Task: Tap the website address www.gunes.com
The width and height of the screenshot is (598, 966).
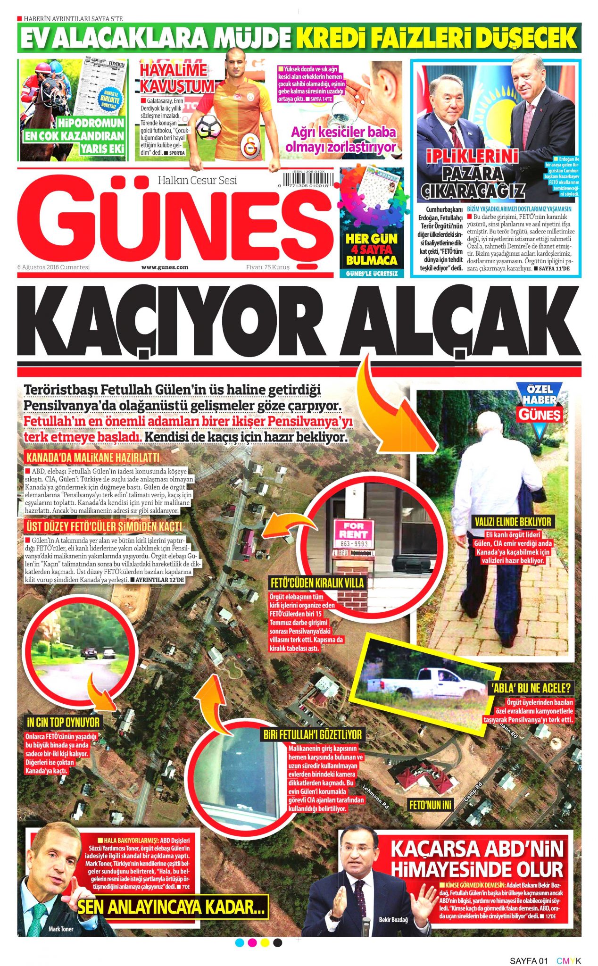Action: click(165, 267)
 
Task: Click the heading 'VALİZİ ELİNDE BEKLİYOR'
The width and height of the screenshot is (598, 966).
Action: click(513, 522)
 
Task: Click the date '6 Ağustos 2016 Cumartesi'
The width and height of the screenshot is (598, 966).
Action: click(53, 267)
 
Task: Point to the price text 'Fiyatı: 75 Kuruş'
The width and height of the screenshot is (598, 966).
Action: click(267, 267)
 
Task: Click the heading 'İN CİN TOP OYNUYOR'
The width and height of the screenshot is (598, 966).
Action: click(63, 722)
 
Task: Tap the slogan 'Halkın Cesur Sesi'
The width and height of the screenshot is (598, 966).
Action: click(197, 180)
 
